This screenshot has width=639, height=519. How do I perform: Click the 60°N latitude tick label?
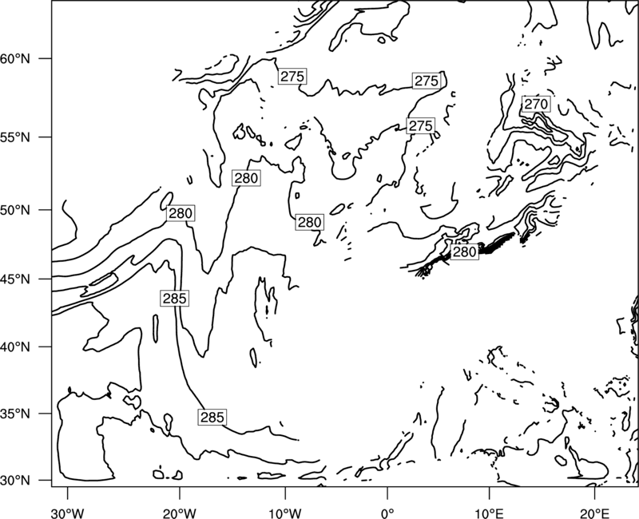[x=15, y=58]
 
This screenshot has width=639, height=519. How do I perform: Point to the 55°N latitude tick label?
[x=15, y=137]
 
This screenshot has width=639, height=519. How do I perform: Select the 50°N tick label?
[x=15, y=210]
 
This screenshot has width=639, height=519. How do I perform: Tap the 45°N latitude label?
[x=15, y=279]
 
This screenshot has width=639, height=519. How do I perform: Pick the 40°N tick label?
[x=15, y=347]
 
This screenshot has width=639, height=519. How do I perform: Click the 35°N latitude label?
[x=15, y=414]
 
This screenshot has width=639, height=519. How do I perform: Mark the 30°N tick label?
[x=15, y=481]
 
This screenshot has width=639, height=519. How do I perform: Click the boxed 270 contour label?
[x=536, y=105]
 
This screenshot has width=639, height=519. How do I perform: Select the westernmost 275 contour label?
[x=292, y=76]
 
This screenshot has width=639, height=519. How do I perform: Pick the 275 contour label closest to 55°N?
[x=421, y=125]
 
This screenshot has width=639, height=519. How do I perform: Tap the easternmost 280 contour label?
[x=465, y=252]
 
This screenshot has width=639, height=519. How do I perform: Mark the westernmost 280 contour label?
[x=181, y=213]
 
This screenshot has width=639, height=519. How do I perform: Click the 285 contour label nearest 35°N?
[x=212, y=417]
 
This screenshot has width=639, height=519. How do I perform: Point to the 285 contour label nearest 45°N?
[x=174, y=299]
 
